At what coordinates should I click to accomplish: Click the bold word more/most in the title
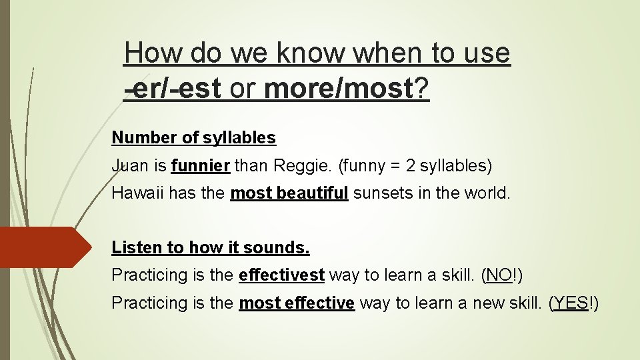point(339,89)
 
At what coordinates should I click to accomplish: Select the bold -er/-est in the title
point(173,89)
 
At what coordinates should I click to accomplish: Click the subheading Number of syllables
point(193,138)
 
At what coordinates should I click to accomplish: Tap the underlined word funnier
point(201,166)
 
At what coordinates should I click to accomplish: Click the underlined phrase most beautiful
point(289,194)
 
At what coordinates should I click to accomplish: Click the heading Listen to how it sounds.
point(211,248)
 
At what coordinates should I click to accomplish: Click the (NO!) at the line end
point(499,275)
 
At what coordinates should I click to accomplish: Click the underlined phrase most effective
point(296,303)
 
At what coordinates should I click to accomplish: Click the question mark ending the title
point(422,89)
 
